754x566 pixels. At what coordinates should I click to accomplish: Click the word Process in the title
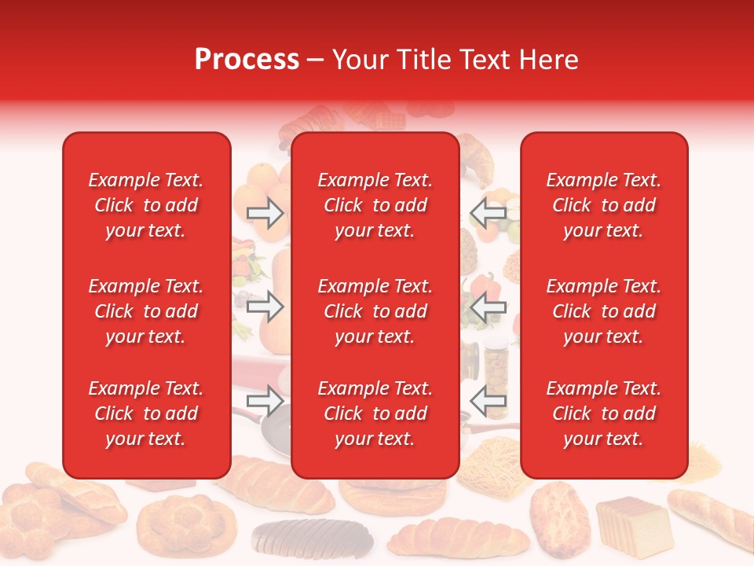pos(247,60)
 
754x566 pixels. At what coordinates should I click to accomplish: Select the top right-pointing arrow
pos(265,213)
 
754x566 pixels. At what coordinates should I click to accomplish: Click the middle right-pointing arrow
pos(265,307)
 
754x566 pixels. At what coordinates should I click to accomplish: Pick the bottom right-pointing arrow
pos(265,401)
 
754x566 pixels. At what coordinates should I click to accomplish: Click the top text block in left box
pos(146,205)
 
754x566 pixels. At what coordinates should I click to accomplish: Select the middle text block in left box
pos(146,311)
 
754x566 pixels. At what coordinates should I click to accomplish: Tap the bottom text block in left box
pos(146,413)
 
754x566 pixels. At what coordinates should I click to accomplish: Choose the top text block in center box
pos(375,205)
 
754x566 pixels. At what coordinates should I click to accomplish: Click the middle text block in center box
pos(375,311)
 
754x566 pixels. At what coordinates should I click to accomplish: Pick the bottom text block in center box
pos(375,413)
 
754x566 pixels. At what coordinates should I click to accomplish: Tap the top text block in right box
pos(604,205)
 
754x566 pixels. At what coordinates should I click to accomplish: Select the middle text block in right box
pos(604,311)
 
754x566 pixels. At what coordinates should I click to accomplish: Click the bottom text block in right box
pos(604,413)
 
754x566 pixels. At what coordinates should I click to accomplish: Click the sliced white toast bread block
pos(633,524)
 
